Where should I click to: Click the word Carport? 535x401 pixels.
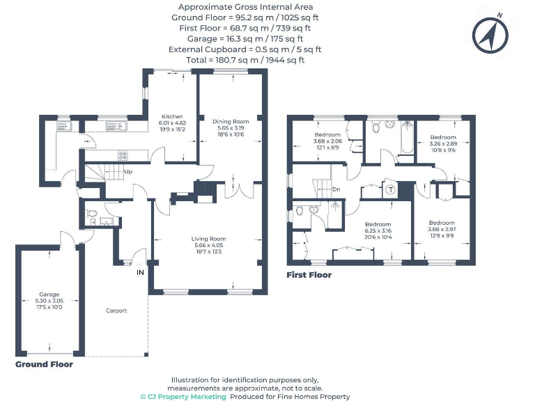[116, 310]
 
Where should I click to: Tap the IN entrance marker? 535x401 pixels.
[140, 272]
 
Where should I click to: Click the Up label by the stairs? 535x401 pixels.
[128, 171]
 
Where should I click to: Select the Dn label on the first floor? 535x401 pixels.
[336, 189]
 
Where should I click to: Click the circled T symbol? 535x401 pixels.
[391, 190]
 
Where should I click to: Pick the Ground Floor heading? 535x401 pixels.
[44, 364]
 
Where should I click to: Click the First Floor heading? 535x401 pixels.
[309, 275]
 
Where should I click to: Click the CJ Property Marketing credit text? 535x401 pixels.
[183, 396]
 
